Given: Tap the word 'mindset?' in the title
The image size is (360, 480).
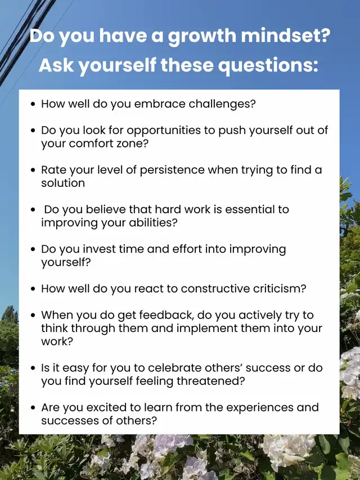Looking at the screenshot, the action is point(286,35).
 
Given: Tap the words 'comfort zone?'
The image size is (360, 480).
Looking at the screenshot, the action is point(109,143).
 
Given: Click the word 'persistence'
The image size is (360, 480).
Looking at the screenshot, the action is point(172,171).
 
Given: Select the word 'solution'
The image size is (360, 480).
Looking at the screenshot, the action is point(63,183).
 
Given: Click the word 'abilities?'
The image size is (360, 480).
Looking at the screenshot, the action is point(153,222).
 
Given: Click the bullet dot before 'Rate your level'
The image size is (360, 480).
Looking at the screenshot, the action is point(33,170).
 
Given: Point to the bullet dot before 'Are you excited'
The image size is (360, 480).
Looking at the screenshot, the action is point(33,408).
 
